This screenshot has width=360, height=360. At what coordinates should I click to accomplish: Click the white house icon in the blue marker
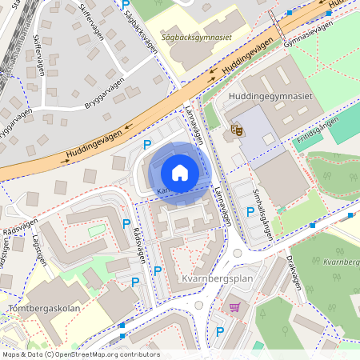pos(180,173)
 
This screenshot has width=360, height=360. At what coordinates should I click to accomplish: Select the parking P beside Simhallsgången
pos(250,213)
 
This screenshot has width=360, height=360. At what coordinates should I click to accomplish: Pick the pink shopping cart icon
pos(234,307)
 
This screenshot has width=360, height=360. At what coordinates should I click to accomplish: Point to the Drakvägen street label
pos(294,276)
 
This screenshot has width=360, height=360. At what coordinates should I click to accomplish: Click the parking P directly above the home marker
pos(146,145)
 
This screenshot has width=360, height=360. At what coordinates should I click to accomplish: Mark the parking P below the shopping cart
pos(219,332)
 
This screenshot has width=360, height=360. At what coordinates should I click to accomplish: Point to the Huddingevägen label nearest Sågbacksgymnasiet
pos(247,59)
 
